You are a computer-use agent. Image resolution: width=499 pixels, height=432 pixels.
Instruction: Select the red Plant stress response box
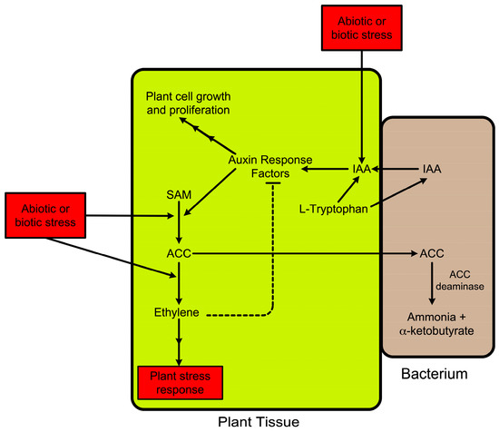point(182,381)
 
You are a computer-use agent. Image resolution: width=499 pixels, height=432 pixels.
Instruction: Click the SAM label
point(179,195)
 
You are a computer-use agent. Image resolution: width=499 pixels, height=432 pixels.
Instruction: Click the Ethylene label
point(179,315)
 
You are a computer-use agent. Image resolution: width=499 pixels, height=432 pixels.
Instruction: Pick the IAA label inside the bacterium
point(433,169)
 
